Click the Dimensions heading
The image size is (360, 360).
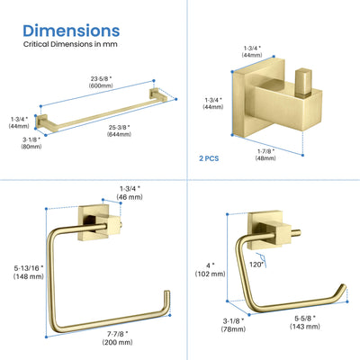point(71,31)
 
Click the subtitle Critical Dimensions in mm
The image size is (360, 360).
point(70,44)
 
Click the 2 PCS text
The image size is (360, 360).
point(209,158)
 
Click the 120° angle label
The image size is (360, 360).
point(256,265)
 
